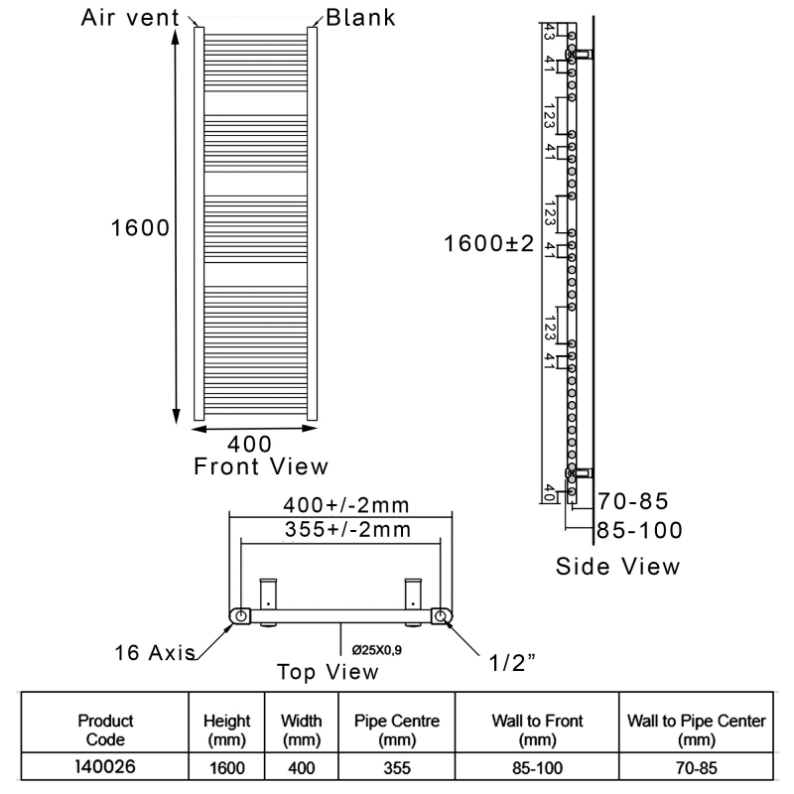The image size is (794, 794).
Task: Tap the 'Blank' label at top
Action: pos(362,17)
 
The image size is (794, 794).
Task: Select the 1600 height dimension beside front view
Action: pos(138,227)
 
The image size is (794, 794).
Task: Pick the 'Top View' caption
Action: pos(328,672)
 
